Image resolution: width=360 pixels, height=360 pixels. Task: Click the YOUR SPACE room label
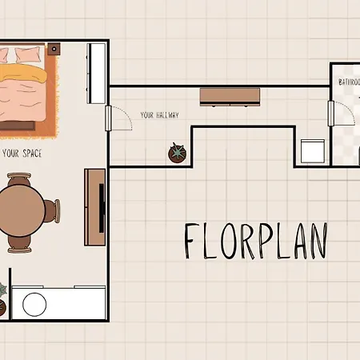[22, 154]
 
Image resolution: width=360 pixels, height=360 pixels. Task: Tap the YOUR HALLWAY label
[159, 115]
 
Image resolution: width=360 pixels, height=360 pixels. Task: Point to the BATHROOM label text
[349, 82]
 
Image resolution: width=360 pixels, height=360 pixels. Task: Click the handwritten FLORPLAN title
[256, 242]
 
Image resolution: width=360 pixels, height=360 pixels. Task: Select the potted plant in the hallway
[178, 153]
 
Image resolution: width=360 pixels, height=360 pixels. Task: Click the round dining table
[21, 208]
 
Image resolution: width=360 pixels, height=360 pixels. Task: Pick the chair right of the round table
[53, 210]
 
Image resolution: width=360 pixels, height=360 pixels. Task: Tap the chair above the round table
[19, 179]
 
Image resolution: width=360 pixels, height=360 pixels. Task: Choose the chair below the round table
[19, 245]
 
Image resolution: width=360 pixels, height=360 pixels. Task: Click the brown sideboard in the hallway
[230, 97]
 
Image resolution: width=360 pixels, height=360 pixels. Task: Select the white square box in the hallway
[313, 151]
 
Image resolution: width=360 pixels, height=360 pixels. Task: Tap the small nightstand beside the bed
[54, 49]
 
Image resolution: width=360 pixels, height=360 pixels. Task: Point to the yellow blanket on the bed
[22, 72]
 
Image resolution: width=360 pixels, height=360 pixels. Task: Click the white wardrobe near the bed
[96, 74]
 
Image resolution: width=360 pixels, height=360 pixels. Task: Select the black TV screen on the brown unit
[102, 208]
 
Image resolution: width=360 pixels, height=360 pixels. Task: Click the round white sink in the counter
[34, 305]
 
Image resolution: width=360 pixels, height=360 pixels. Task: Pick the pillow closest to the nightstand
[28, 54]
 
